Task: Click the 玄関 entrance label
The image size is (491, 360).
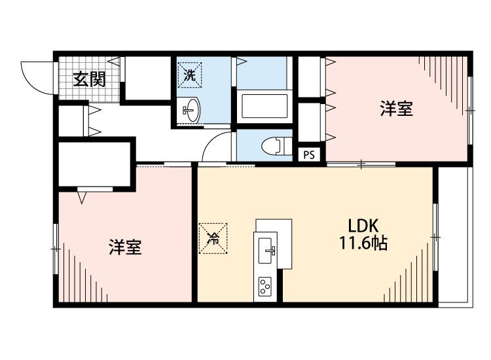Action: click(x=89, y=81)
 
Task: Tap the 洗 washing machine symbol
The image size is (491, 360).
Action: click(x=189, y=75)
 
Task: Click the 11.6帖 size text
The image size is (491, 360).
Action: click(x=362, y=244)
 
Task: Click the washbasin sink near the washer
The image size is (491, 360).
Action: click(x=191, y=109)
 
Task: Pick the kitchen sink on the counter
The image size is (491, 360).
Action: click(x=267, y=249)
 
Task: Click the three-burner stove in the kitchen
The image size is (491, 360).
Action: click(x=266, y=286)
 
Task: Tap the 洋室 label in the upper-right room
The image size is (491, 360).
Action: click(x=397, y=109)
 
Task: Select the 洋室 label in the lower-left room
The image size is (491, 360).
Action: click(x=125, y=247)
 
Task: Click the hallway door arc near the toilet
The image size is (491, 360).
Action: click(x=216, y=147)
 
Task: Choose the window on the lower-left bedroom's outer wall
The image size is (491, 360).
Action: click(x=56, y=249)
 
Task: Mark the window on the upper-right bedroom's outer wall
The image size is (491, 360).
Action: click(x=470, y=111)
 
